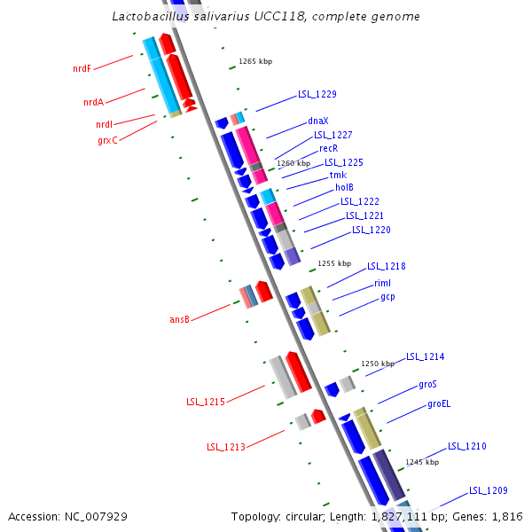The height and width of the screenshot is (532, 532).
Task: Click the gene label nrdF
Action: (82, 68)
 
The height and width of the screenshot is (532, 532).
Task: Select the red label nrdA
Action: (93, 103)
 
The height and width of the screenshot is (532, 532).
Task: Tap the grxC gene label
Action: (107, 140)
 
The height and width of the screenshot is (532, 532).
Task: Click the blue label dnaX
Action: (318, 121)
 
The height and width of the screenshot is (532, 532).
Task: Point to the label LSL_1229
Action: (317, 94)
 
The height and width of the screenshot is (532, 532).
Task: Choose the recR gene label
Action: (328, 148)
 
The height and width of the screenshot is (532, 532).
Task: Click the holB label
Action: (344, 188)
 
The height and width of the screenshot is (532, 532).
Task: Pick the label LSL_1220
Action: (371, 231)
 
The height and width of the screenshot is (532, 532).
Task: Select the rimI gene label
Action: (382, 283)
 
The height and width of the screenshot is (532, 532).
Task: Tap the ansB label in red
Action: (179, 319)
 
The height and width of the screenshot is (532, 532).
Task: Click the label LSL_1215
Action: (205, 403)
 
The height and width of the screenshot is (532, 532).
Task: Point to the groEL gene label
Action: (439, 404)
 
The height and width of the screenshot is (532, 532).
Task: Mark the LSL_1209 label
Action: (488, 490)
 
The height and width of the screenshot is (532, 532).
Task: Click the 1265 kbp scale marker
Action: (254, 62)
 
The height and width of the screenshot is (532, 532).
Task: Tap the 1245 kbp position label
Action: (422, 462)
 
